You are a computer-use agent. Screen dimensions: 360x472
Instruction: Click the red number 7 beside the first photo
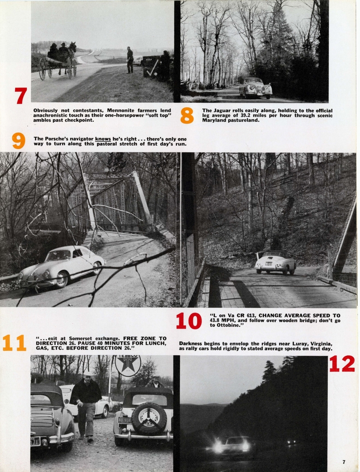pyautogui.click(x=21, y=96)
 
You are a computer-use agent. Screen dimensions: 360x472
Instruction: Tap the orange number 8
pyautogui.click(x=187, y=115)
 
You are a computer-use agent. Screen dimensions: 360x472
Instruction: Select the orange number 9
pyautogui.click(x=18, y=141)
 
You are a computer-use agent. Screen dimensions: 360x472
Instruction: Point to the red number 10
pyautogui.click(x=189, y=321)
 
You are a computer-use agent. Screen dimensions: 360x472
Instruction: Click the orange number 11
pyautogui.click(x=14, y=343)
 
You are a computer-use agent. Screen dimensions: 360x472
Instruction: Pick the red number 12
pyautogui.click(x=342, y=364)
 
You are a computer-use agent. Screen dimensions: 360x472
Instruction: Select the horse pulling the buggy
pyautogui.click(x=72, y=57)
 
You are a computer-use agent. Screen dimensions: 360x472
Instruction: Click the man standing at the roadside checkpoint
pyautogui.click(x=130, y=60)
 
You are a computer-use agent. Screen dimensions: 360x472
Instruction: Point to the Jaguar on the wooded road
pyautogui.click(x=255, y=88)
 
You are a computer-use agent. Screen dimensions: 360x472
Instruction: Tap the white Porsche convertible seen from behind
pyautogui.click(x=275, y=262)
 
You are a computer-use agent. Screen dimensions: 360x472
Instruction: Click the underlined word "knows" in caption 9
pyautogui.click(x=103, y=139)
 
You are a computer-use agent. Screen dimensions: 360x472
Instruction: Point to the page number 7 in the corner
pyautogui.click(x=344, y=462)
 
